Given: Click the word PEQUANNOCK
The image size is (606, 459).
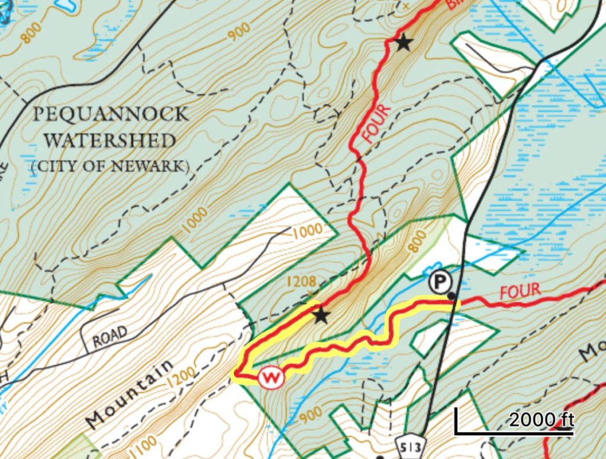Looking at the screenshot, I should (110, 114).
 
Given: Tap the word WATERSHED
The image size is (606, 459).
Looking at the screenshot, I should (110, 141).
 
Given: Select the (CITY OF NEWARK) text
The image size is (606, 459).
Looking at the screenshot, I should (110, 166).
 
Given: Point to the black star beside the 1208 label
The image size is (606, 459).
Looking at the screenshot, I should (321, 315).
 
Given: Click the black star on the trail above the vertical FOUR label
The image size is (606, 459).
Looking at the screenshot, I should (403, 42).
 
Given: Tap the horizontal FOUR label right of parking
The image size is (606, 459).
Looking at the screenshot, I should (520, 291).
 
